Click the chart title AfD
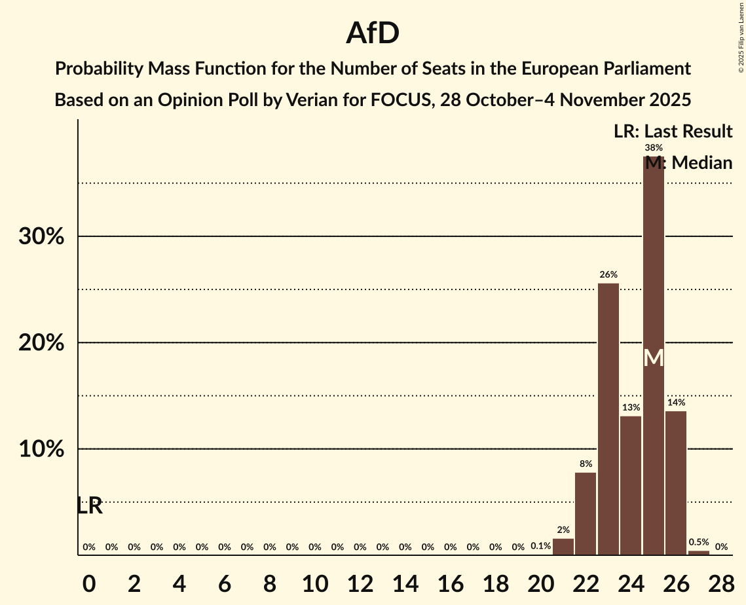pyautogui.click(x=373, y=33)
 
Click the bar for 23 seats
pyautogui.click(x=608, y=419)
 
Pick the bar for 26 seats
pyautogui.click(x=676, y=483)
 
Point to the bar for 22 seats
pyautogui.click(x=586, y=514)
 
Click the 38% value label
pyautogui.click(x=654, y=148)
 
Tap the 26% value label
pyautogui.click(x=608, y=274)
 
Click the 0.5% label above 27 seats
pyautogui.click(x=699, y=542)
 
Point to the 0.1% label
pyautogui.click(x=540, y=546)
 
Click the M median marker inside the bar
pyautogui.click(x=654, y=358)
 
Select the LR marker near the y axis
pyautogui.click(x=90, y=505)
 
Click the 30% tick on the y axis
pyautogui.click(x=41, y=236)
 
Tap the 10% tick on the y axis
pyautogui.click(x=41, y=449)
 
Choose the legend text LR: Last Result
pyautogui.click(x=673, y=132)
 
